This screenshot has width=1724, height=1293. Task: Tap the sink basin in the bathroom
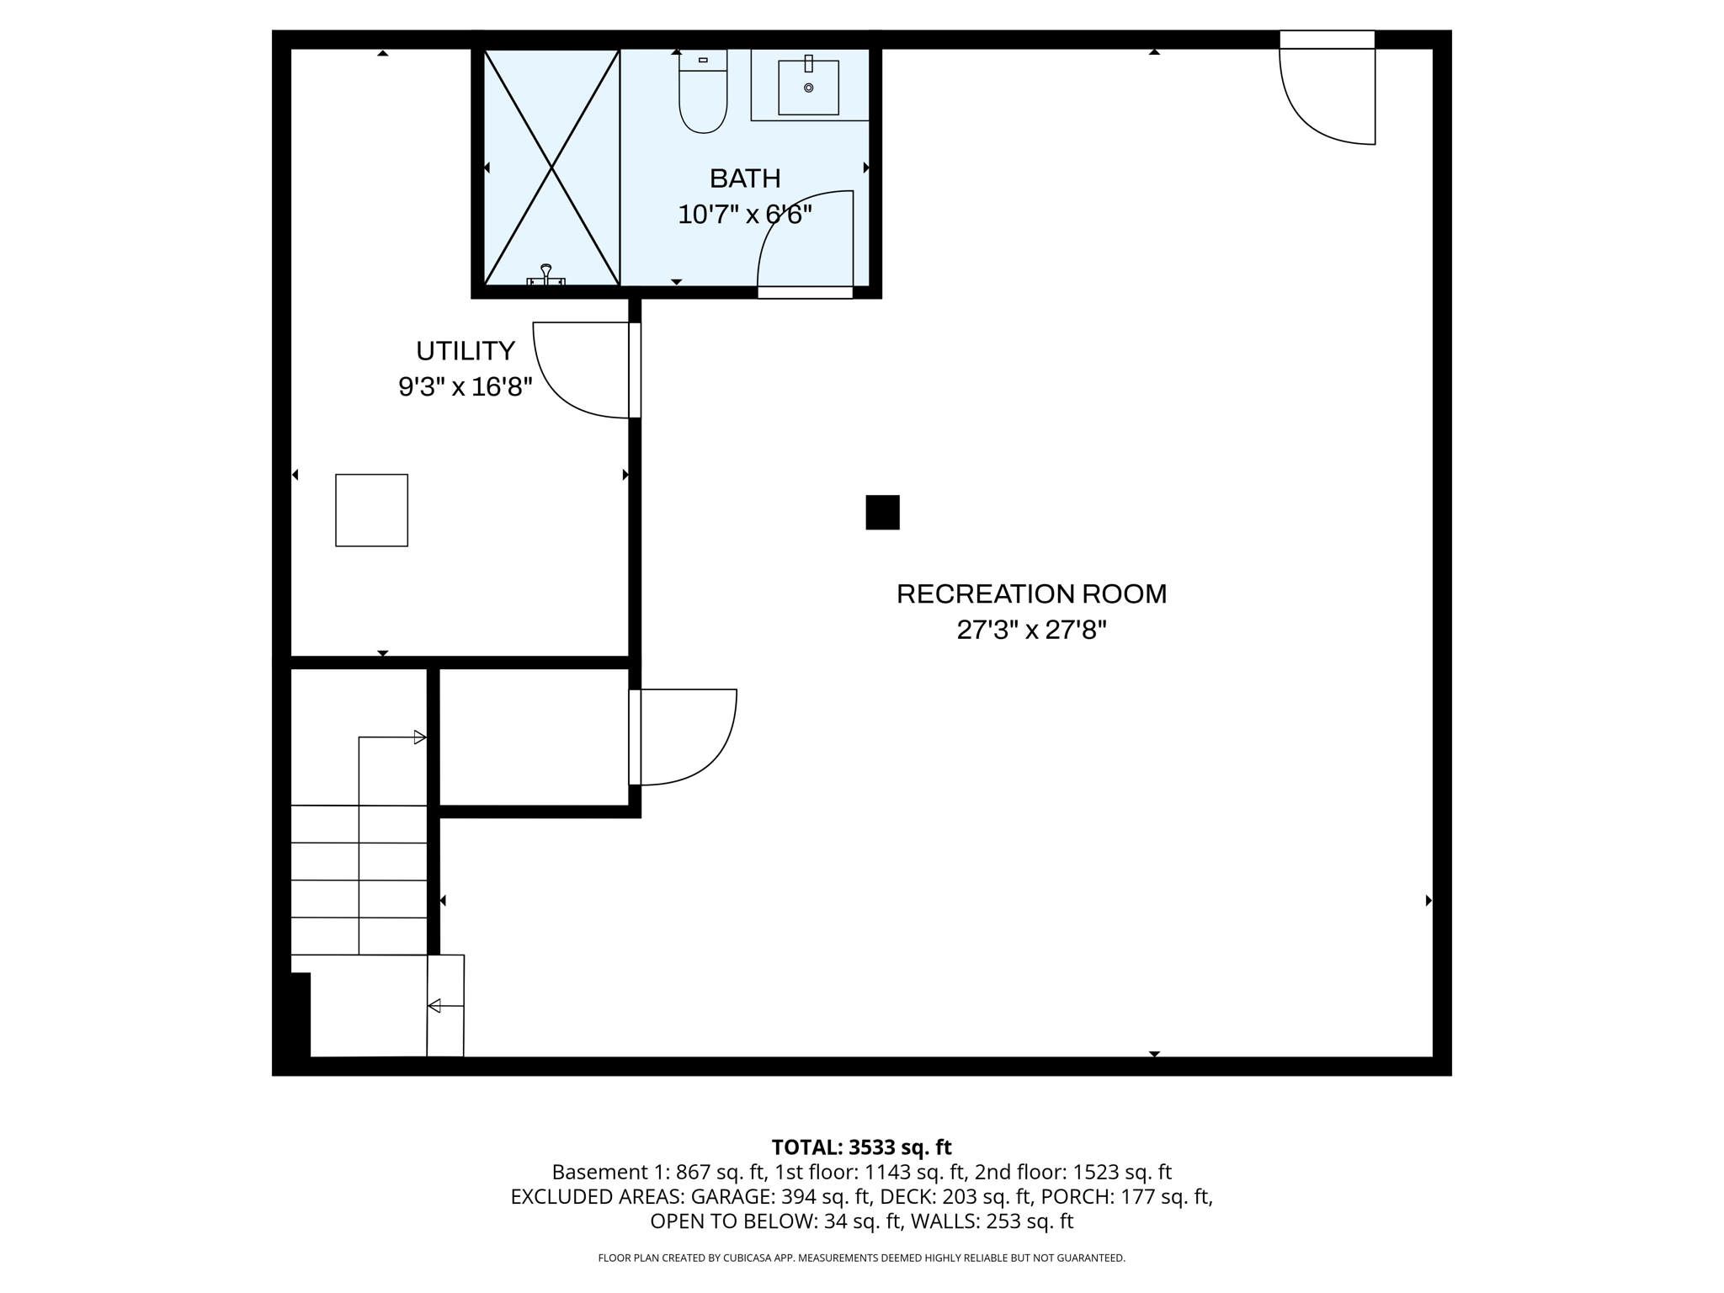point(808,88)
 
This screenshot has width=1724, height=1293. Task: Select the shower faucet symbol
point(546,275)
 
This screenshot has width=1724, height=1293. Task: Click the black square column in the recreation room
point(882,512)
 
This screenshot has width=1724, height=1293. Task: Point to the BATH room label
point(745,178)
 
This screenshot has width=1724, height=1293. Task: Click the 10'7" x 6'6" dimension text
point(745,215)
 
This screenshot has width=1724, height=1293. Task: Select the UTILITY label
point(466,350)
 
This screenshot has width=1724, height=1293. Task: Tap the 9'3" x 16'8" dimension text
point(466,387)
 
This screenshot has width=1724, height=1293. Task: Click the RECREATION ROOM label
point(1031,593)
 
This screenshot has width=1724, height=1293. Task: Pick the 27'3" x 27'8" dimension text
point(1031,631)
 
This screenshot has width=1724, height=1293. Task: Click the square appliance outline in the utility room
point(371,510)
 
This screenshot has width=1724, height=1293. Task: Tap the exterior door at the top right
point(1327,93)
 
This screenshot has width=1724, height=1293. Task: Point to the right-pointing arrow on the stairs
point(419,737)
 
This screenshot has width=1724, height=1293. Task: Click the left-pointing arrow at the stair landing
point(435,1005)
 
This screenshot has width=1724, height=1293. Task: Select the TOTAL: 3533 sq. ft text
point(861,1147)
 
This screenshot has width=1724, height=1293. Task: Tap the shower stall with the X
point(551,167)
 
